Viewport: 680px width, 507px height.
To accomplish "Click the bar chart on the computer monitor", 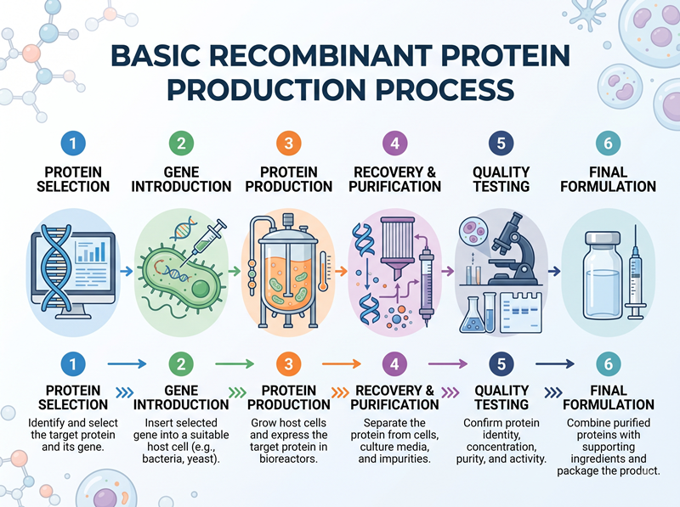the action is click(91, 252).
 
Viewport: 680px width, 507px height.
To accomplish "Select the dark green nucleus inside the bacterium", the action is click(201, 288).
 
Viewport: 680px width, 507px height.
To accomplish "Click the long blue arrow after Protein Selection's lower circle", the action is click(127, 363).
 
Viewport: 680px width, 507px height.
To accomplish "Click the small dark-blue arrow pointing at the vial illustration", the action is click(554, 271).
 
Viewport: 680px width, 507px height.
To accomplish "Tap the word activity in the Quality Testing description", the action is click(525, 459).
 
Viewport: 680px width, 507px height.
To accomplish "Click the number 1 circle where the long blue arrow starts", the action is click(73, 363).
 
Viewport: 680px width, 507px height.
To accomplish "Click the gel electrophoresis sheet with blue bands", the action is click(521, 312).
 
